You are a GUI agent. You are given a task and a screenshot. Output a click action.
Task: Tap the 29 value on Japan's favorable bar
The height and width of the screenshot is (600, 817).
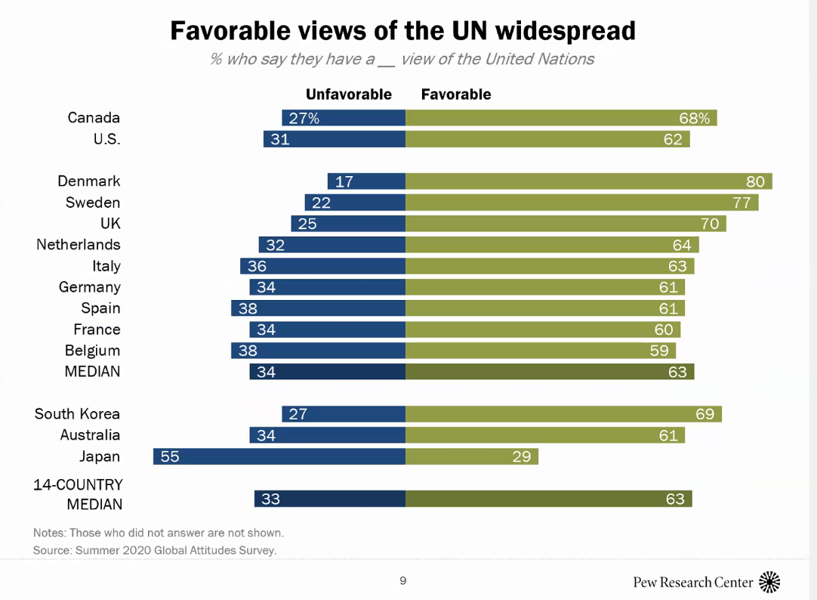click(522, 456)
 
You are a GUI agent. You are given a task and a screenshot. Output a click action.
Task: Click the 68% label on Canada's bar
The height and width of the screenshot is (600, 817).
click(695, 118)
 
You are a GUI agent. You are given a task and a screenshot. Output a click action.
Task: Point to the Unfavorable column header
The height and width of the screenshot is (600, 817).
click(349, 94)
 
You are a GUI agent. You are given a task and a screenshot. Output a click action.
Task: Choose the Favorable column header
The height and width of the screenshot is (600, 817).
click(456, 94)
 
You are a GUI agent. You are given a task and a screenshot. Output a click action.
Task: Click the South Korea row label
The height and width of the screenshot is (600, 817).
click(77, 414)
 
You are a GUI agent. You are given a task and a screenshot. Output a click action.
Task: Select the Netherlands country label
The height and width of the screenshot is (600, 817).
click(79, 245)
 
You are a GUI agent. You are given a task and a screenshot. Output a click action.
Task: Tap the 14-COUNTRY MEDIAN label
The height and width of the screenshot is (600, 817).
click(79, 494)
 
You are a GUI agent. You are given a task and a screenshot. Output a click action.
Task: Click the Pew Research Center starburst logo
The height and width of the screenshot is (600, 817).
click(769, 582)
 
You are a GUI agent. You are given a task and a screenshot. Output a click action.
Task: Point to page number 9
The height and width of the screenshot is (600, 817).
click(403, 581)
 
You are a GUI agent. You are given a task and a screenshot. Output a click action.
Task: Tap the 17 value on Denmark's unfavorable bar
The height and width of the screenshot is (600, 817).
click(344, 181)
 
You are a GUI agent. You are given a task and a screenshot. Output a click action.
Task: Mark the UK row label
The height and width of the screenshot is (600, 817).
click(110, 224)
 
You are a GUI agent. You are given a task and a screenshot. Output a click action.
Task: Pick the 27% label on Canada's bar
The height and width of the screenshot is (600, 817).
click(304, 118)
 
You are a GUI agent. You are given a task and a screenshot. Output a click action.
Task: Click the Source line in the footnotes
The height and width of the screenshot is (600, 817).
click(155, 550)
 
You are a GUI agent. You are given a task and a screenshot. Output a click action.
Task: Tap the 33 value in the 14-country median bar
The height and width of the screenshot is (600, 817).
click(271, 499)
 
